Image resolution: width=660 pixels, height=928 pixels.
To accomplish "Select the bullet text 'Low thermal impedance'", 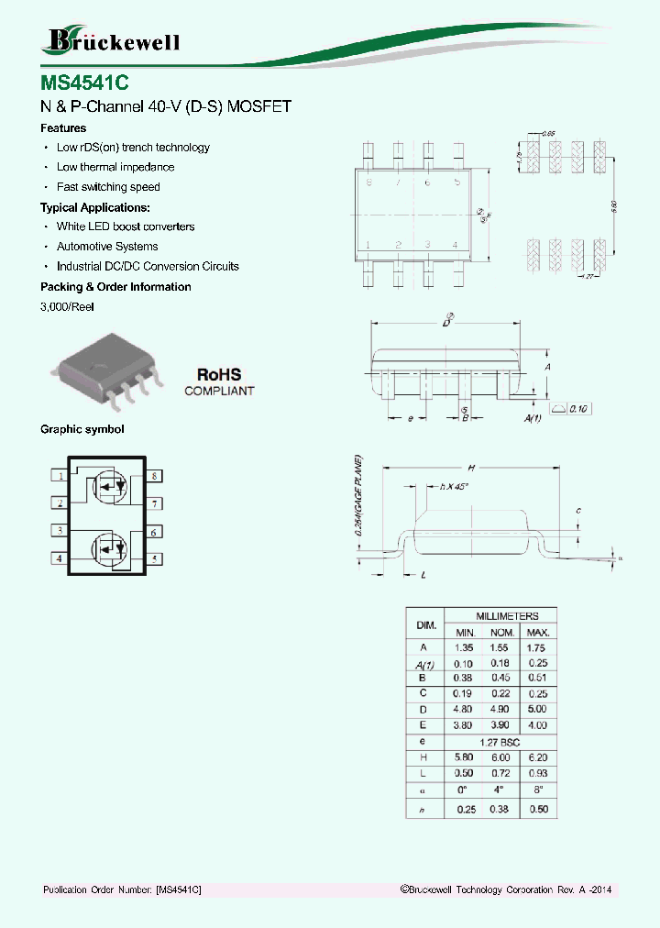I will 115,167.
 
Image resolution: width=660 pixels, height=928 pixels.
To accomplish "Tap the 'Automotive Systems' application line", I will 106,247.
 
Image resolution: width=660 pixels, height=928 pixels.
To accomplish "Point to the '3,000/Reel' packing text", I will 67,307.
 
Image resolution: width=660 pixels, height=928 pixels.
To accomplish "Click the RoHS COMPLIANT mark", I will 219,381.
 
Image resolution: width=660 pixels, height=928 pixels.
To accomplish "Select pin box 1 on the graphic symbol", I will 59,476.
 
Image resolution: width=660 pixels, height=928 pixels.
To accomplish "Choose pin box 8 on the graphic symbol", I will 156,476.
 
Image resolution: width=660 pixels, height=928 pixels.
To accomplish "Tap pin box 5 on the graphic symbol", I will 156,558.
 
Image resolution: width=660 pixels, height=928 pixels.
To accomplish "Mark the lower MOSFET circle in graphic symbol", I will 109,548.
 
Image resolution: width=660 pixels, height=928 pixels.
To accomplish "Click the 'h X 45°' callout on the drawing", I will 454,486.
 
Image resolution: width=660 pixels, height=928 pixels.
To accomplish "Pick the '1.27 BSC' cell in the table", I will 500,741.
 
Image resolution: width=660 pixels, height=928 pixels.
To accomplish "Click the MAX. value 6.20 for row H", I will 537,757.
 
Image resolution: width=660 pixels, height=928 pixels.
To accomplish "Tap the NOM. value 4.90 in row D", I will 500,710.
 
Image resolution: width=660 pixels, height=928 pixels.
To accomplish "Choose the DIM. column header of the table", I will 425,624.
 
